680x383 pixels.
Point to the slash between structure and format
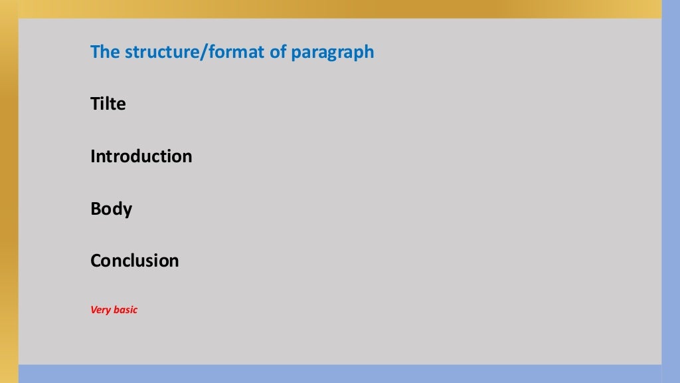203,52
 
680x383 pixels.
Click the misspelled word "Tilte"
108,104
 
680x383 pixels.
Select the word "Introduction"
141,157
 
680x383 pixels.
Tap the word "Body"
112,209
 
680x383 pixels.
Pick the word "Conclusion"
135,261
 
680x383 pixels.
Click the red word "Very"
100,310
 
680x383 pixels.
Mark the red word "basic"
125,310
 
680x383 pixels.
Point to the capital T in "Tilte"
95,104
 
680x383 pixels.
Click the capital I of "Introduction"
93,157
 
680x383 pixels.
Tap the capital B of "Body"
96,209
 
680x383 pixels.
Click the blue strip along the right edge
671,199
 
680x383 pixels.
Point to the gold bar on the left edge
9,199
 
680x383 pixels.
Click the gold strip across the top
332,9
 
